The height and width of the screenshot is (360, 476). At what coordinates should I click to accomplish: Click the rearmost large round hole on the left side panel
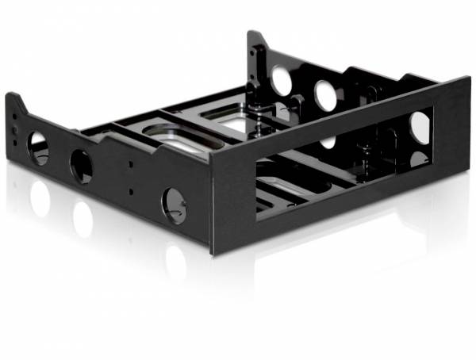pos(37,147)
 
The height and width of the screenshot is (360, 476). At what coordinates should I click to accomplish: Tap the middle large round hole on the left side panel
pos(81,167)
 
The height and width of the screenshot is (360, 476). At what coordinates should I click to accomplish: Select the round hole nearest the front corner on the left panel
pos(174,203)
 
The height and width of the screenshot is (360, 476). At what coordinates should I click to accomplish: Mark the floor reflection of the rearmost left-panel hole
pos(39,198)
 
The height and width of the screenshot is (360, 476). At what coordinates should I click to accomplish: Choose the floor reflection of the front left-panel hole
pos(175,262)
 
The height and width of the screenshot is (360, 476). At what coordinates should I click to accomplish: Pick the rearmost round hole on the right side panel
pos(282,80)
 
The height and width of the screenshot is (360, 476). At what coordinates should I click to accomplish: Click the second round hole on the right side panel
pos(325,96)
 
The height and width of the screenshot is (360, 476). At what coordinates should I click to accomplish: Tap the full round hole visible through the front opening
pos(420,127)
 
